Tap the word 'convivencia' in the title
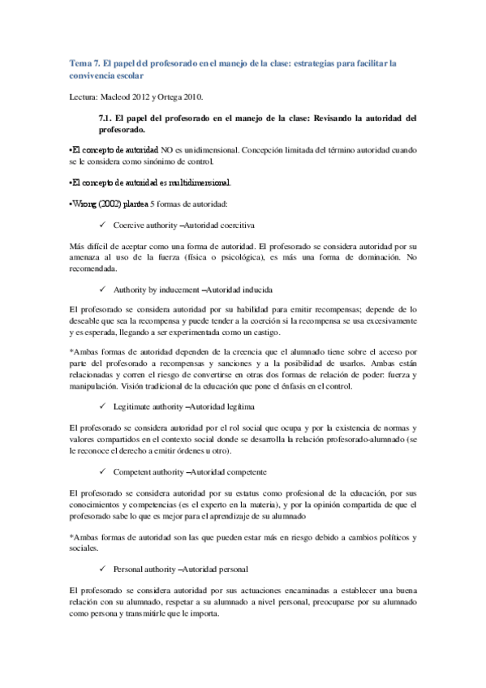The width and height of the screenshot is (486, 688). tap(97, 76)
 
